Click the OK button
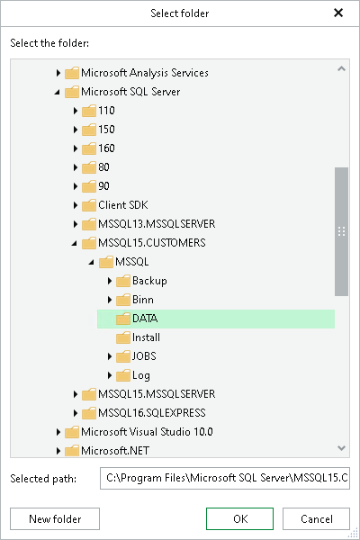[239, 518]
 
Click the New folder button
[55, 518]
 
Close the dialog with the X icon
[338, 13]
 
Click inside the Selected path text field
[224, 477]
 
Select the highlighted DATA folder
[145, 319]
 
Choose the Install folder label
[146, 337]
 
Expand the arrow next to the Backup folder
[110, 281]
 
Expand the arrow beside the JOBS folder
[110, 356]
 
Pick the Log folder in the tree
[141, 375]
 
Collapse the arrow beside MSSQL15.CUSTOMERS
[76, 243]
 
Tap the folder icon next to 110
[88, 111]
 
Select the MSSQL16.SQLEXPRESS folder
[157, 413]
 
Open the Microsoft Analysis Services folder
[144, 73]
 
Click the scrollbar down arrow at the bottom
[341, 447]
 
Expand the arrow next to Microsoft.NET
[58, 451]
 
